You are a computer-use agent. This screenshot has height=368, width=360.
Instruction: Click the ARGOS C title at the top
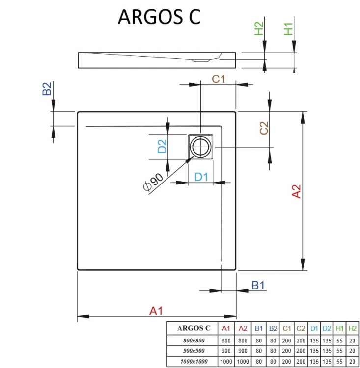pyautogui.click(x=159, y=16)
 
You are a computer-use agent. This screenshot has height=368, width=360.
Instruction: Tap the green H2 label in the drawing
pyautogui.click(x=259, y=29)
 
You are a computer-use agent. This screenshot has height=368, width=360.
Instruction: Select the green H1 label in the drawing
pyautogui.click(x=289, y=29)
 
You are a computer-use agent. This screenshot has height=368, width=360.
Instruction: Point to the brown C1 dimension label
pyautogui.click(x=218, y=79)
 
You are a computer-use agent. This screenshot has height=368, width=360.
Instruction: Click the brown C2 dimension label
pyautogui.click(x=264, y=128)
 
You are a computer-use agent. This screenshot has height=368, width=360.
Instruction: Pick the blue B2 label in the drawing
pyautogui.click(x=47, y=89)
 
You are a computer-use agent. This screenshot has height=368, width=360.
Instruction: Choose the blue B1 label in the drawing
pyautogui.click(x=258, y=285)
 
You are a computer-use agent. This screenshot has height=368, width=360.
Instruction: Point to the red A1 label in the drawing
pyautogui.click(x=156, y=310)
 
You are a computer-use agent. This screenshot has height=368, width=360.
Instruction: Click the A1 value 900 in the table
pyautogui.click(x=226, y=351)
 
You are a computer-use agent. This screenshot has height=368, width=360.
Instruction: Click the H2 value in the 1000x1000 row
pyautogui.click(x=352, y=362)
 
